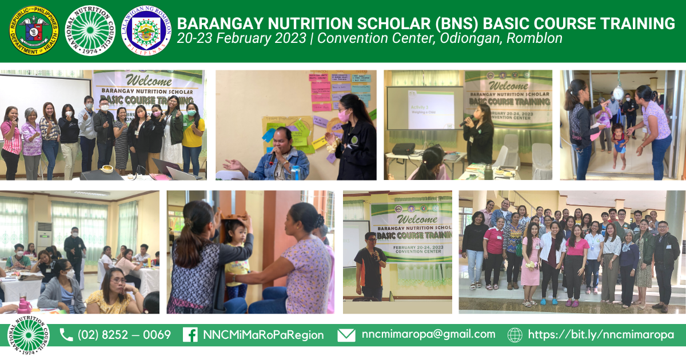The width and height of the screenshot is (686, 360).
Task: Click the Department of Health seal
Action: tap(34, 30)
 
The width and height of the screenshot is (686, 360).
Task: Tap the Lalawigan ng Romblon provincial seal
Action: tap(147, 30)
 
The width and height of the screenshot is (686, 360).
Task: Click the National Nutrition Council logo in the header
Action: tap(90, 30)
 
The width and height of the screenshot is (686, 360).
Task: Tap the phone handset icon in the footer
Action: tap(66, 335)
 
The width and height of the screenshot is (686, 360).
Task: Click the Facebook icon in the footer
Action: tap(190, 335)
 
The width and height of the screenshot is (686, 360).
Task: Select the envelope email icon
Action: tap(346, 335)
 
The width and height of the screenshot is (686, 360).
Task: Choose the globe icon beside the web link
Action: tap(514, 335)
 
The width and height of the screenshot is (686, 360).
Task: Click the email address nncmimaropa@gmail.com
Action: tap(428, 334)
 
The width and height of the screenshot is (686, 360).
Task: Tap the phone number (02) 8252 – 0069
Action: tap(124, 335)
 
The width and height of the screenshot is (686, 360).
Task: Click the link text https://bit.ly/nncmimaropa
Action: tap(601, 335)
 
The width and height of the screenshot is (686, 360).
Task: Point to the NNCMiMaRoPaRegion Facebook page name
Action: tap(263, 335)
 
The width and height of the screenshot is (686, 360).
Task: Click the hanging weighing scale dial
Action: tap(618, 93)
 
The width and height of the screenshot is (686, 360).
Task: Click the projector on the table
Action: tap(403, 149)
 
